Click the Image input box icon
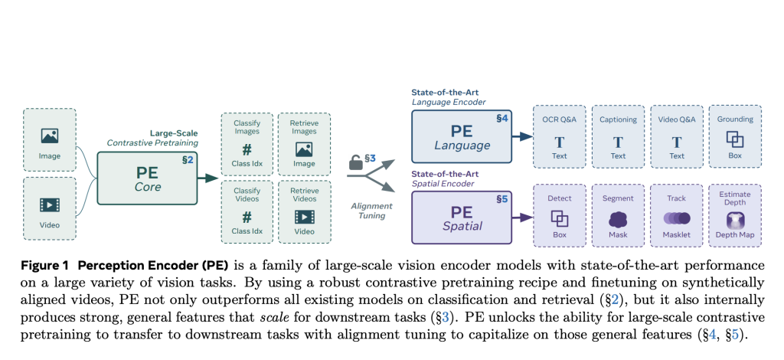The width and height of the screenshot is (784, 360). click(50, 136)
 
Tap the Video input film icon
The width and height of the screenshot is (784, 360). click(50, 205)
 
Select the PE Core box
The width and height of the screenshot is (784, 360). click(147, 178)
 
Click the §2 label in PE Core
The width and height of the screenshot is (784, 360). click(187, 159)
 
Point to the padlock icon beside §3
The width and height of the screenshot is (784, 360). click(354, 162)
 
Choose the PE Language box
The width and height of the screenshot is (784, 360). click(461, 136)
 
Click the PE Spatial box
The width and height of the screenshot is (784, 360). click(461, 217)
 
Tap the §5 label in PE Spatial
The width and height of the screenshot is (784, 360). click(502, 198)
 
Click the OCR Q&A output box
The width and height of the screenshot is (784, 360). click(559, 136)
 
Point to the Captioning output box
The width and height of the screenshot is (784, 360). click(618, 136)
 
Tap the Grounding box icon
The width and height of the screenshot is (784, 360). click(735, 140)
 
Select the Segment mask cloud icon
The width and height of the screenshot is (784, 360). click(618, 218)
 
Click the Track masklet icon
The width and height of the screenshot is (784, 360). click(677, 218)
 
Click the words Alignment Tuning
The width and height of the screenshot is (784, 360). click(372, 211)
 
